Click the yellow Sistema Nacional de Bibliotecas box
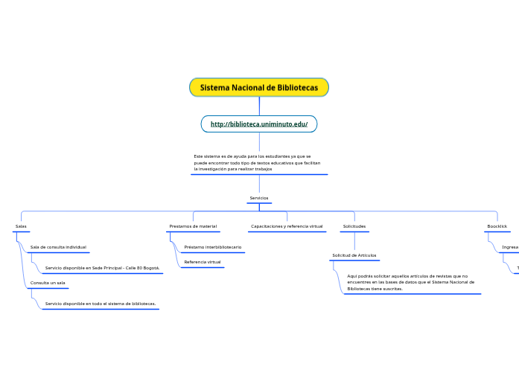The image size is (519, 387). [x=258, y=88]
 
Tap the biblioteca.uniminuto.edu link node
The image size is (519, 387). [x=258, y=124]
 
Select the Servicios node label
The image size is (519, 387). [x=258, y=198]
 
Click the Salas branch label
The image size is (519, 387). [x=21, y=226]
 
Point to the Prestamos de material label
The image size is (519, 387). [x=193, y=226]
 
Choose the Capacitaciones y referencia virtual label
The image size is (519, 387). [x=287, y=226]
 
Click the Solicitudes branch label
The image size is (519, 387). [x=354, y=226]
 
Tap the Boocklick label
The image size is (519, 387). [x=497, y=226]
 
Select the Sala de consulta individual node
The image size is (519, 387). [x=58, y=247]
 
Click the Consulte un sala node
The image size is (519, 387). [x=48, y=284]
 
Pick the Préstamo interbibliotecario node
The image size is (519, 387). [x=212, y=247]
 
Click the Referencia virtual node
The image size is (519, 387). [x=203, y=262]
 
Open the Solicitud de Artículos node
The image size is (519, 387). [x=354, y=255]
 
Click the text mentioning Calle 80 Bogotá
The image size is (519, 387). [x=102, y=268]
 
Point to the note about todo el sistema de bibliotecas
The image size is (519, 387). [x=100, y=304]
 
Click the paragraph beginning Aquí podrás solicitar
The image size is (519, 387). [x=410, y=282]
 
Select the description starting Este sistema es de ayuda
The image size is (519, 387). [x=257, y=163]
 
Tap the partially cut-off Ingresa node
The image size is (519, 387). [x=510, y=247]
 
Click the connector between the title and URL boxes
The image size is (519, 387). [x=259, y=106]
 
